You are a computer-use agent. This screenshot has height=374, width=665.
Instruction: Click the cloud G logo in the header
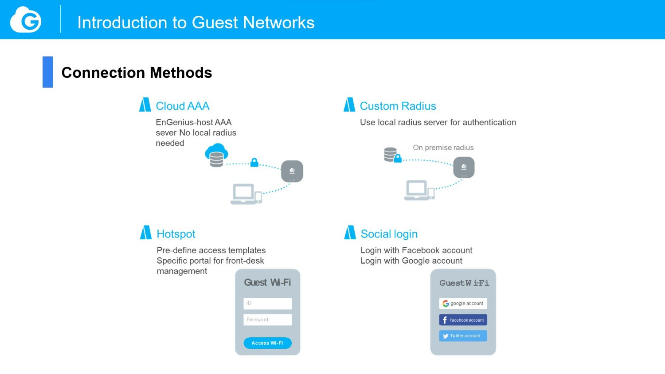pyautogui.click(x=26, y=19)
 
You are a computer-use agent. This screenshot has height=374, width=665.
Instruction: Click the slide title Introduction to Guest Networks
pyautogui.click(x=196, y=23)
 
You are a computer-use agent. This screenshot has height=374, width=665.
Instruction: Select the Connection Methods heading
pyautogui.click(x=137, y=73)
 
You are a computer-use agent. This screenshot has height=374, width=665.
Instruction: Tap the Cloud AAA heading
pyautogui.click(x=183, y=106)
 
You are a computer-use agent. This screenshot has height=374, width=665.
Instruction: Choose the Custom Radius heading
pyautogui.click(x=398, y=106)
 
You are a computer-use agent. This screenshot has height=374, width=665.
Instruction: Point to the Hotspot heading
pyautogui.click(x=176, y=234)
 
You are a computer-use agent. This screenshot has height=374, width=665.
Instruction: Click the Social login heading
pyautogui.click(x=389, y=234)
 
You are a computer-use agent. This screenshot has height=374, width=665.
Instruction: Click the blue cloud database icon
pyautogui.click(x=216, y=155)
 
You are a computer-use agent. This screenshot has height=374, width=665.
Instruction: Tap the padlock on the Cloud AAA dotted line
pyautogui.click(x=254, y=162)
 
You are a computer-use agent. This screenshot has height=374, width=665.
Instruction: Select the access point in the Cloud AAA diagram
pyautogui.click(x=292, y=171)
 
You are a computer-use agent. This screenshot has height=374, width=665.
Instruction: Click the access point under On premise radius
pyautogui.click(x=464, y=168)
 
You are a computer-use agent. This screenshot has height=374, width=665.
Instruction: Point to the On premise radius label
pyautogui.click(x=443, y=148)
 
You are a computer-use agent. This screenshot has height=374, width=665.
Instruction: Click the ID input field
pyautogui.click(x=267, y=304)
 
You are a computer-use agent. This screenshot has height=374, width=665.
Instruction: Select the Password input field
pyautogui.click(x=267, y=319)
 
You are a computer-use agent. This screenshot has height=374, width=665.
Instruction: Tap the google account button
pyautogui.click(x=463, y=304)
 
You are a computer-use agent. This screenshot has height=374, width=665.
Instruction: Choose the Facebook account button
pyautogui.click(x=463, y=320)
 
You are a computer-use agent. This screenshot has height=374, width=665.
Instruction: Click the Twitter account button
pyautogui.click(x=463, y=336)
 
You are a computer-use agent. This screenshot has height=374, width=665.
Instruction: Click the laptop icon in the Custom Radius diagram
pyautogui.click(x=417, y=190)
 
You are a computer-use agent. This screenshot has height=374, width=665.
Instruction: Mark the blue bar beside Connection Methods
pyautogui.click(x=48, y=72)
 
